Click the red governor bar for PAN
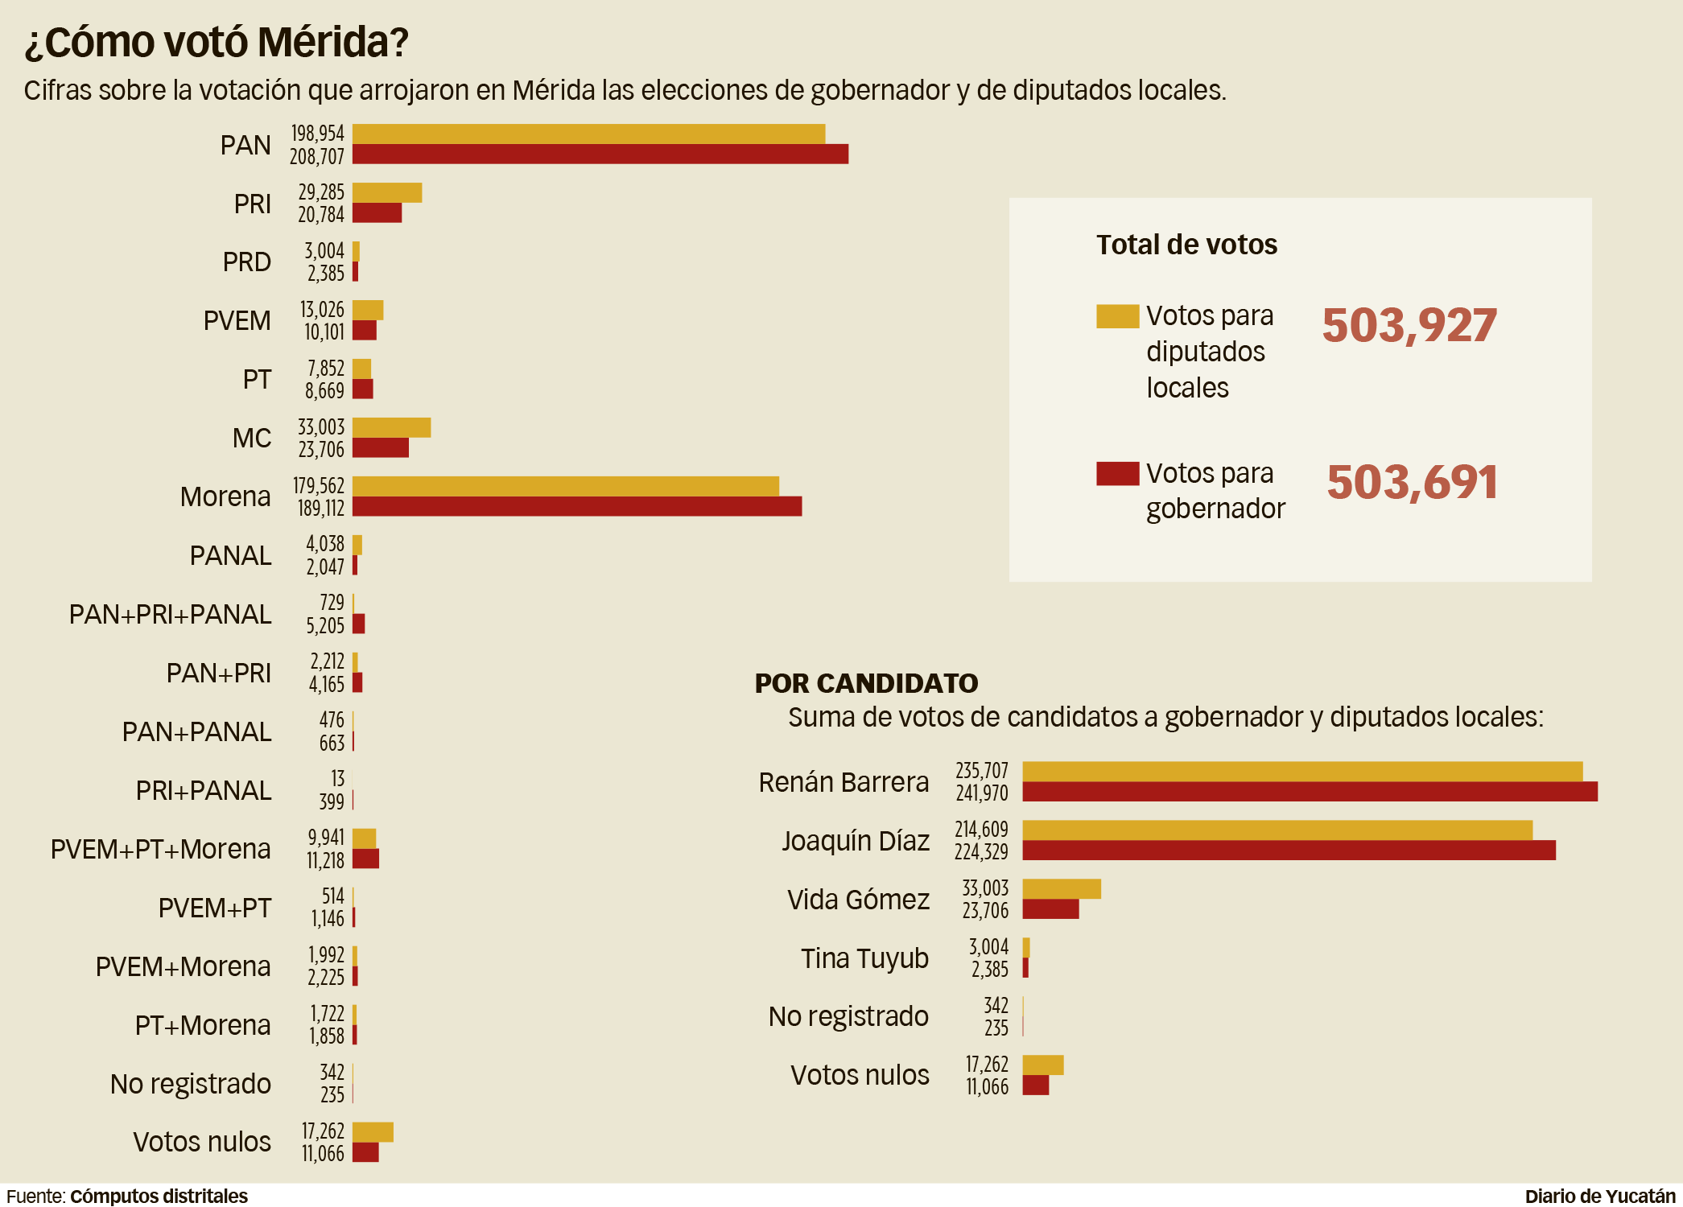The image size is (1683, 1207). coord(600,154)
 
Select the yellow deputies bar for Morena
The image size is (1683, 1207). coord(565,486)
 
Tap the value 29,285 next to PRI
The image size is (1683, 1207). coord(321,192)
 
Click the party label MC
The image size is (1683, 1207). coord(252,439)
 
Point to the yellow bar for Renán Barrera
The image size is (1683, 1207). coord(1301,771)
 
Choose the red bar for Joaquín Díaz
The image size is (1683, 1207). coord(1288,851)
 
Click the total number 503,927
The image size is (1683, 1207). coord(1409,326)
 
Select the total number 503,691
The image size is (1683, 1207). coord(1413,483)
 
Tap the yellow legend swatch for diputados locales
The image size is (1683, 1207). coord(1117,316)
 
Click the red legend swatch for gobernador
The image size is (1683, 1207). coord(1117,473)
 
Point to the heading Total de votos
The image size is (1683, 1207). coord(1186,245)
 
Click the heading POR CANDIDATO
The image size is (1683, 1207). coord(866,683)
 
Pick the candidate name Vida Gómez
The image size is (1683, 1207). coord(858,900)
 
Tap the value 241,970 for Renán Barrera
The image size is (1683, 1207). coord(982,793)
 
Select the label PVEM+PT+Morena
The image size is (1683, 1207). coord(160,850)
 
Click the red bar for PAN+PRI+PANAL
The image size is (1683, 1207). coord(359,624)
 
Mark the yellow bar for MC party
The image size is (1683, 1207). coord(391,427)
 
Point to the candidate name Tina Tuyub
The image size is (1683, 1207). coord(864,958)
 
